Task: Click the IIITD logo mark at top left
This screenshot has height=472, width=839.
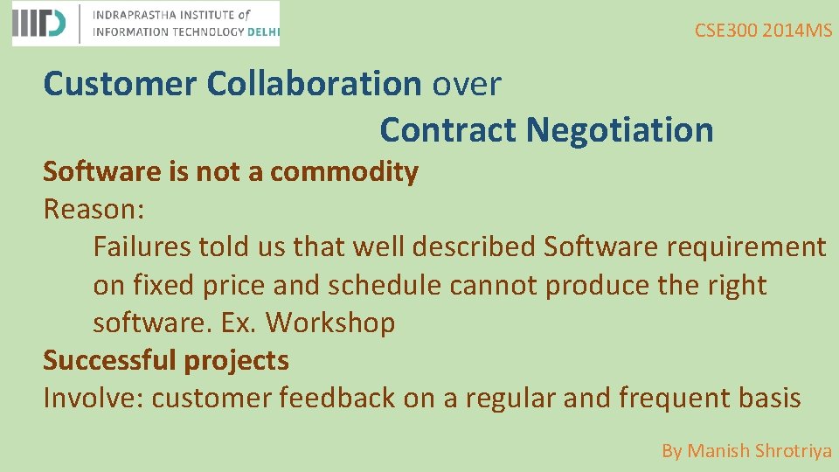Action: (39, 24)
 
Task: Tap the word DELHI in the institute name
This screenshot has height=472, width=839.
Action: (263, 31)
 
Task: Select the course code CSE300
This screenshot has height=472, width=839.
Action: (726, 31)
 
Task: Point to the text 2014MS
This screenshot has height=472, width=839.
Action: (797, 31)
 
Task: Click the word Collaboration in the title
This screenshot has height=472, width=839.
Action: (315, 84)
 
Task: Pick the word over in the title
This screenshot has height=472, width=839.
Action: (467, 84)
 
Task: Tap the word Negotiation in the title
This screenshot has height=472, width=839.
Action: (620, 130)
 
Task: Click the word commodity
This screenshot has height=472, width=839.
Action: (344, 172)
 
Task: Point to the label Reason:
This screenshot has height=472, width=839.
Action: (94, 210)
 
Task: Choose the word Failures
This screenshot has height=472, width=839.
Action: (142, 247)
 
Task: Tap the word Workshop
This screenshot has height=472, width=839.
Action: (330, 323)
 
